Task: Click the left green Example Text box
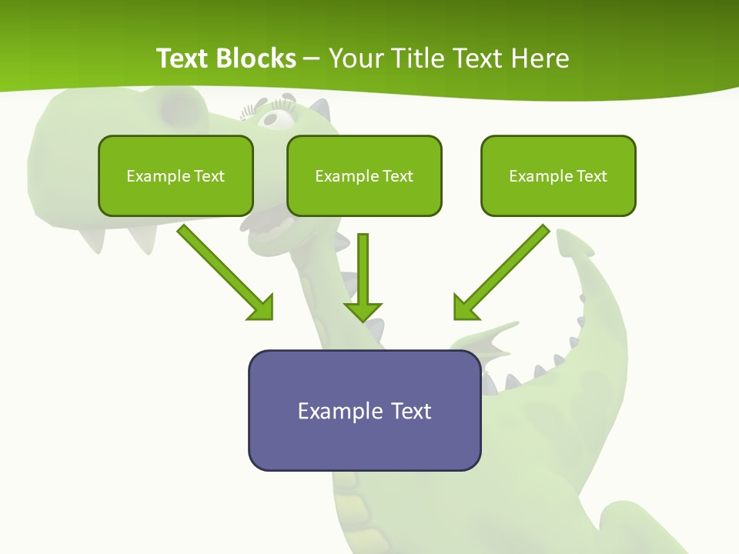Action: pos(176,175)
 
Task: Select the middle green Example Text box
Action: pos(364,175)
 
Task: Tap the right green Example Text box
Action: pos(558,175)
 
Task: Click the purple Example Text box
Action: pos(364,410)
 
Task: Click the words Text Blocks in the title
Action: pos(226,58)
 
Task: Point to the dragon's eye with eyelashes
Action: pos(275,116)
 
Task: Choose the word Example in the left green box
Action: pos(158,176)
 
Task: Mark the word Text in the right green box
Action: pos(591,175)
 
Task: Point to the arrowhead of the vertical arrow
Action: pos(363,311)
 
